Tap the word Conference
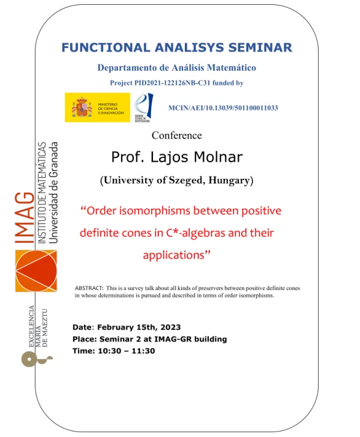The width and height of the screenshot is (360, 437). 176,136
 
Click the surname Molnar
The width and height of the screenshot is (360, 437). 215,157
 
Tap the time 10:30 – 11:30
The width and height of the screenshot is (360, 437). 127,351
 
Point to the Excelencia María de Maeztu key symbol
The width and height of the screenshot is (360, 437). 31,358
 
